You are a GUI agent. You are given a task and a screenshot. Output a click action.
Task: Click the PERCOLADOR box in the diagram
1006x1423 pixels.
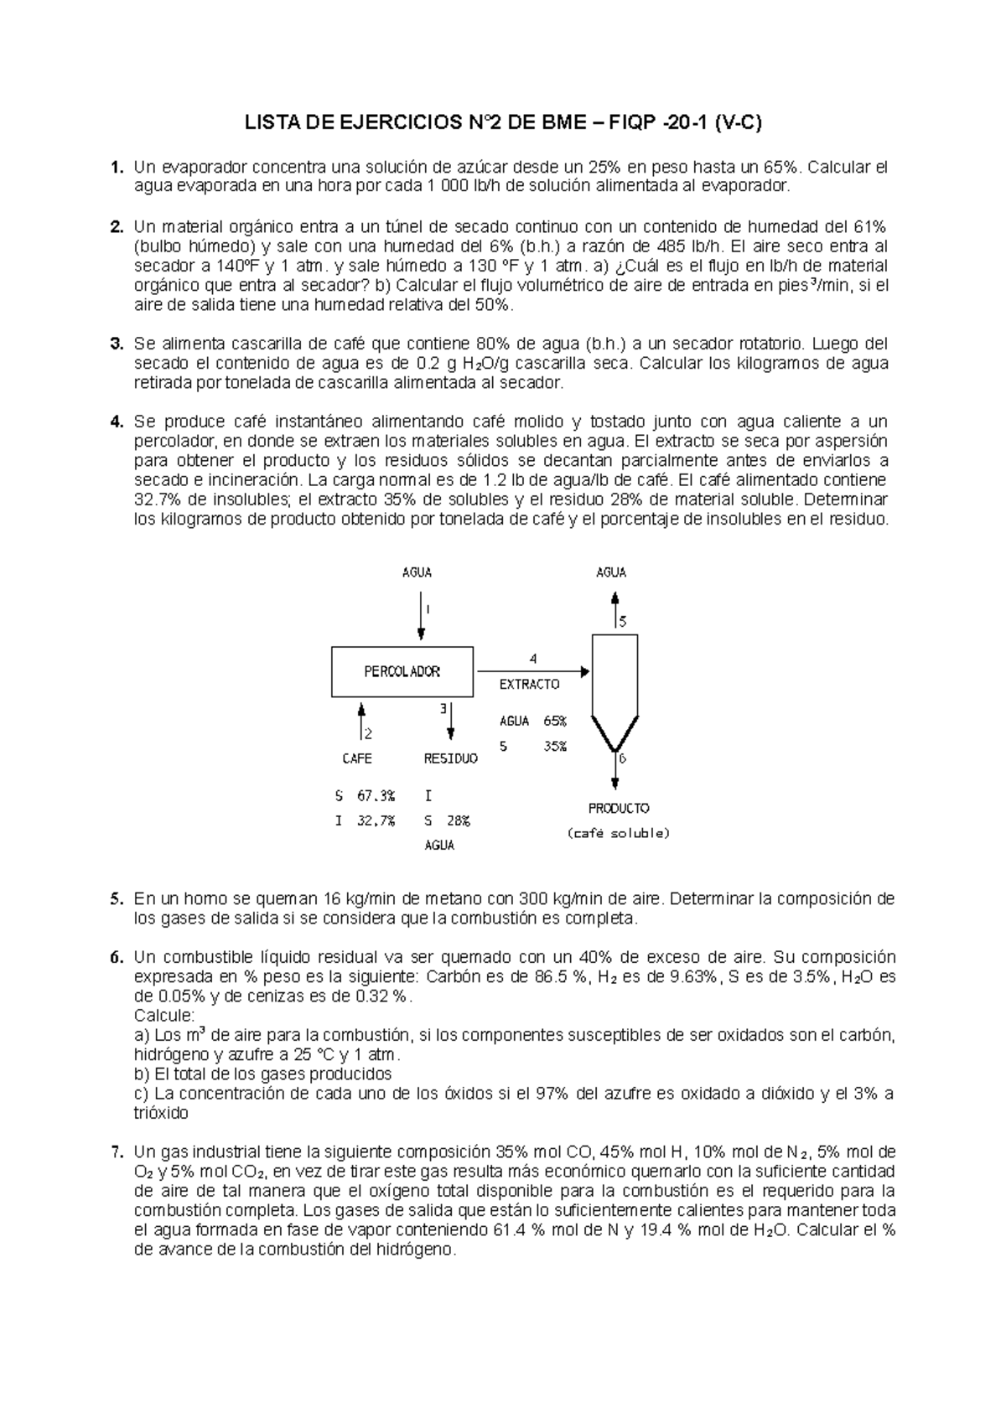(402, 671)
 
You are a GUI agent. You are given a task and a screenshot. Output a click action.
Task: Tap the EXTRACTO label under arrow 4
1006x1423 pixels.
(529, 684)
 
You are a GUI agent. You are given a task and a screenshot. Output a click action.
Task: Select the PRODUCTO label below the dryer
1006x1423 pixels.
(618, 809)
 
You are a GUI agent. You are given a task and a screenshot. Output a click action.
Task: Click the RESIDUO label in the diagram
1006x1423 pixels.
(450, 758)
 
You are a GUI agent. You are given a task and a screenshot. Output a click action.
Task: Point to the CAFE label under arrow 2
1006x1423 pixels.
(357, 758)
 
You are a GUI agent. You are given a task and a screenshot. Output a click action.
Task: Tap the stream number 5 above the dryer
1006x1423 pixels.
(623, 622)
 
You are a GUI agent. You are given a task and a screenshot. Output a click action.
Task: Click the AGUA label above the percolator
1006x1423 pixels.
(417, 572)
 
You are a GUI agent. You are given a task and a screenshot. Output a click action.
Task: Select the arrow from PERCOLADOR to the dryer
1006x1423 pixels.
(532, 671)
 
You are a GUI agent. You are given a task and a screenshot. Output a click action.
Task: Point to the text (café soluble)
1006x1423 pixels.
(618, 834)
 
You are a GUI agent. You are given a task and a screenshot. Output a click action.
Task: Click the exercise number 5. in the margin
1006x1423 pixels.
(117, 899)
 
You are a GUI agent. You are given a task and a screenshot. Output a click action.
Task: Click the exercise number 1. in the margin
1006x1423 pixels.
(117, 167)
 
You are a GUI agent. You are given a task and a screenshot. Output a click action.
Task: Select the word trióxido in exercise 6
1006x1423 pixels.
(161, 1114)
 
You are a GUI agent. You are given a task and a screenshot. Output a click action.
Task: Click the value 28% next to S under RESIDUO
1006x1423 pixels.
(458, 821)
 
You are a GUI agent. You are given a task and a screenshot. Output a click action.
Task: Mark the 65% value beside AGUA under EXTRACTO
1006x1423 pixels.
(554, 721)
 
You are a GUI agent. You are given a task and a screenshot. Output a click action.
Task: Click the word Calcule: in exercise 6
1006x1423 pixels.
(164, 1016)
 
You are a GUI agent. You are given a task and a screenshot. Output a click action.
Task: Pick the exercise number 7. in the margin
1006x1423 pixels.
(117, 1151)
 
